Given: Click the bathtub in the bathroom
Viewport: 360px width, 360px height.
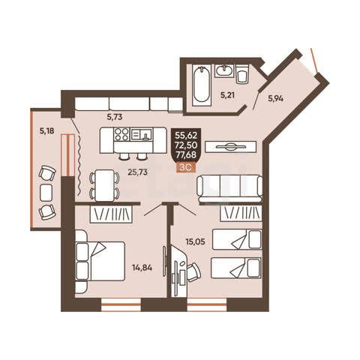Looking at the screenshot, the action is (201, 85).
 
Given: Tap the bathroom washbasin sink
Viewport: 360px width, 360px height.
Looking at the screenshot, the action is (224, 70).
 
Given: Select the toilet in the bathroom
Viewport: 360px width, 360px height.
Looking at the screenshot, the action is (242, 74).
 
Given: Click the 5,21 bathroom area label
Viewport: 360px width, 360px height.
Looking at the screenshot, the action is (227, 95).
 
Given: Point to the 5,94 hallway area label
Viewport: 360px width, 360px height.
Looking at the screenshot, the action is (275, 98).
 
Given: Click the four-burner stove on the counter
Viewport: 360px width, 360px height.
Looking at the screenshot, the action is (121, 134).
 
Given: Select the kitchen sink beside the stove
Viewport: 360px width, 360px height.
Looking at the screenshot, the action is (141, 134).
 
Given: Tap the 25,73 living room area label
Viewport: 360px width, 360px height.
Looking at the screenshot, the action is (137, 172).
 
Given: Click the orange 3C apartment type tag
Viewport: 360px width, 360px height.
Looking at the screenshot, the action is (186, 167).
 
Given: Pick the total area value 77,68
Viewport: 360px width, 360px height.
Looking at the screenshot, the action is (186, 155).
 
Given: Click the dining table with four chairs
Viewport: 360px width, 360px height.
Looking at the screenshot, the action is (104, 185).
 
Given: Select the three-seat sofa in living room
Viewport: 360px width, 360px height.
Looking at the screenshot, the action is (229, 188).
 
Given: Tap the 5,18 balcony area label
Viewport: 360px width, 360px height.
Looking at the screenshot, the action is (46, 130).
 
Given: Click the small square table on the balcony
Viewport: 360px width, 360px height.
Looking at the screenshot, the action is (46, 193).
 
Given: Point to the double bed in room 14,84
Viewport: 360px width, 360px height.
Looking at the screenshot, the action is (100, 261).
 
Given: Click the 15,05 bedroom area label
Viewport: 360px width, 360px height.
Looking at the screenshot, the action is (195, 241).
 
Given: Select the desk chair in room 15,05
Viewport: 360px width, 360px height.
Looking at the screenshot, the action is (193, 272).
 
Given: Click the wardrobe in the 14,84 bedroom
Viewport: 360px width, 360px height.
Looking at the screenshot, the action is (111, 214).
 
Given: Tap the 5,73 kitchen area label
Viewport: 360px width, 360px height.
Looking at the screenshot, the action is (115, 117).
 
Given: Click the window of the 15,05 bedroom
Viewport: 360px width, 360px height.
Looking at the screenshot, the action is (207, 304).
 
